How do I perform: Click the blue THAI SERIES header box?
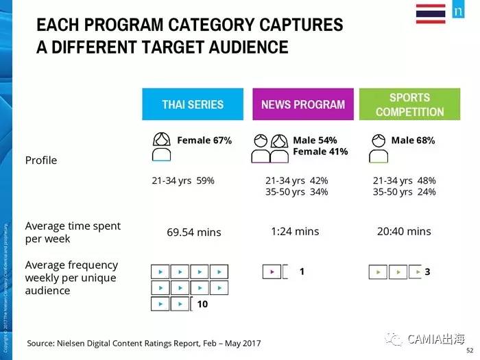pos(193,104)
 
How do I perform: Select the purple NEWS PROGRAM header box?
pos(303,104)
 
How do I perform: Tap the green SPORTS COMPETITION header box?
pos(409,104)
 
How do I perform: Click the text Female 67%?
pos(204,141)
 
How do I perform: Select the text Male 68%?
pos(413,141)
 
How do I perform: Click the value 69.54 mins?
pos(194,232)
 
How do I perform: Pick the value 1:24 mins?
pos(295,231)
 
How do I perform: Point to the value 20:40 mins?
pos(404,231)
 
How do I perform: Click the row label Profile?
pos(41,160)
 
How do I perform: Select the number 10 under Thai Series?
pos(202,304)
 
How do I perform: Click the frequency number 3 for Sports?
pos(427,272)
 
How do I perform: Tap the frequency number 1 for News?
pos(302,272)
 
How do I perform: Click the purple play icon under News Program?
pos(272,272)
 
